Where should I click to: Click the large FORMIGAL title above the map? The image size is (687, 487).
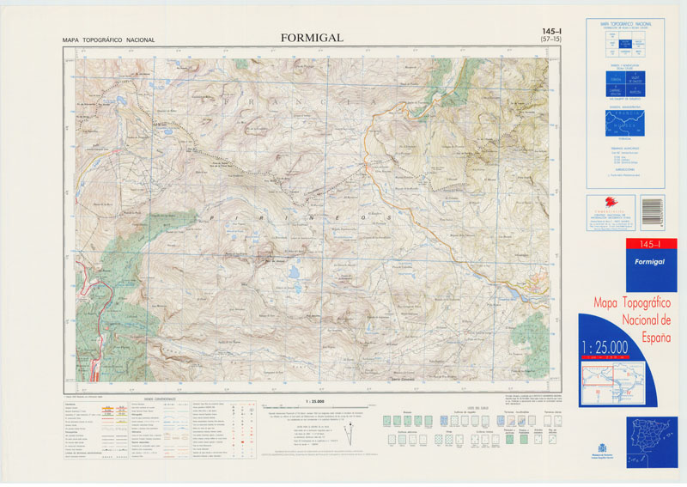pyautogui.click(x=311, y=38)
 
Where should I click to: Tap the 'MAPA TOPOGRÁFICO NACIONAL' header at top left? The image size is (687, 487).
pyautogui.click(x=108, y=40)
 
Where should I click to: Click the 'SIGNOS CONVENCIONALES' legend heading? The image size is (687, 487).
pyautogui.click(x=160, y=399)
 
